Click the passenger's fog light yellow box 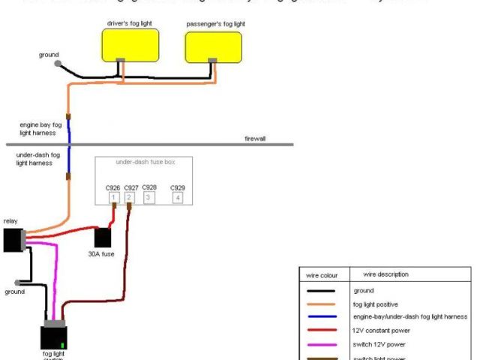214,46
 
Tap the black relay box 13,240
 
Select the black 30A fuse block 103,237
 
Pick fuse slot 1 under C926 114,198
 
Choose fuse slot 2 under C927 130,198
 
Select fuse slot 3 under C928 148,198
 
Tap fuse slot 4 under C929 177,198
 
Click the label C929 177,187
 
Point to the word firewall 255,139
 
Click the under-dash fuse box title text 143,161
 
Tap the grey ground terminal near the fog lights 58,64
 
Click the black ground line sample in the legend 320,289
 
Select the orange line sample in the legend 320,303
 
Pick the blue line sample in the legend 320,316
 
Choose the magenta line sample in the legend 320,343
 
